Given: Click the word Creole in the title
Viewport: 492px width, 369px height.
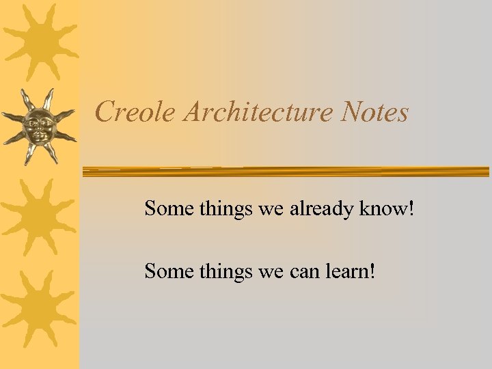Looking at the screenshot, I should pos(135,111).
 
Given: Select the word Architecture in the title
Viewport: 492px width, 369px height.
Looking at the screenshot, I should pos(260,111).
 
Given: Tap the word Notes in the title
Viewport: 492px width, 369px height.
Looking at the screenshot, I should pos(376,111).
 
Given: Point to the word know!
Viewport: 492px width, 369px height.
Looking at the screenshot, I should pos(389,208).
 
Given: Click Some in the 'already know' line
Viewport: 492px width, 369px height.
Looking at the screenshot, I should pos(169,208).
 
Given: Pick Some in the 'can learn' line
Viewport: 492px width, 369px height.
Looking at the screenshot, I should pos(169,272).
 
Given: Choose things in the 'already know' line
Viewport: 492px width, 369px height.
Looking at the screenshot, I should pos(226,209).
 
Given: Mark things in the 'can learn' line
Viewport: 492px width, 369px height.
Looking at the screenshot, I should pos(226,273).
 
